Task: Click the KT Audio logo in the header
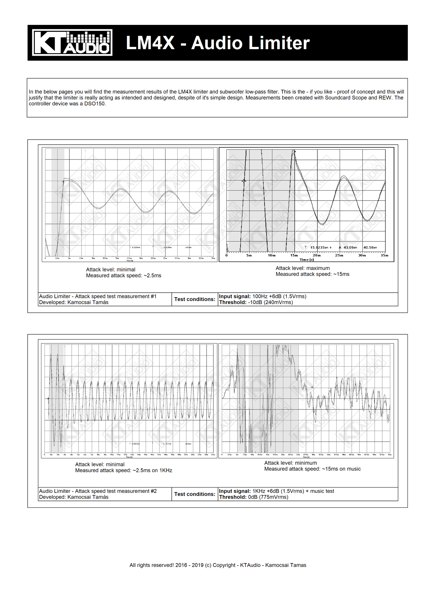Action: (x=72, y=43)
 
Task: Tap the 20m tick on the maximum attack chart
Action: (x=317, y=255)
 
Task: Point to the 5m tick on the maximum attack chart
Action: (x=249, y=255)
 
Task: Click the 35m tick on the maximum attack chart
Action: (x=384, y=255)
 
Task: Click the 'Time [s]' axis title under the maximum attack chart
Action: (x=306, y=260)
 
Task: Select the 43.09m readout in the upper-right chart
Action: (x=350, y=248)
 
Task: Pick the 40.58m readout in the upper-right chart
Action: (x=370, y=248)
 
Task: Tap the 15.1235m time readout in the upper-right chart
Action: (x=319, y=248)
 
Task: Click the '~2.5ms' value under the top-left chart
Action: (x=152, y=275)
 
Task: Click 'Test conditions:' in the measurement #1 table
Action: (x=195, y=299)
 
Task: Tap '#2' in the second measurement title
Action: (x=154, y=491)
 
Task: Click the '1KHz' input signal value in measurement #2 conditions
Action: (x=259, y=491)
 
